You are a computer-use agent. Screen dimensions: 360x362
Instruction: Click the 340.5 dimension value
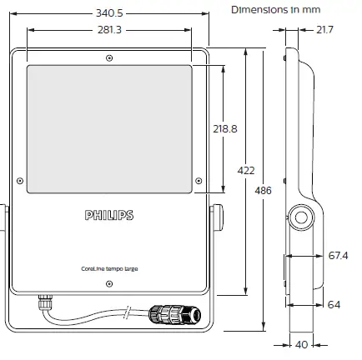(x=108, y=13)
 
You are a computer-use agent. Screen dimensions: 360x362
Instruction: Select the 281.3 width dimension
(x=108, y=30)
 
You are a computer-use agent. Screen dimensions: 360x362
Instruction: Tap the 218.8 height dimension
(x=225, y=130)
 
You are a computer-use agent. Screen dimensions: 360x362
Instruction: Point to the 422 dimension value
(x=247, y=170)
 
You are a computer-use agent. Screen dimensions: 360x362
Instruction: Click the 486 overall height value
(x=264, y=191)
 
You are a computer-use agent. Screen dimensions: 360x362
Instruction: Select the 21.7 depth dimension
(x=324, y=31)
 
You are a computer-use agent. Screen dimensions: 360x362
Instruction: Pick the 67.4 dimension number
(x=337, y=255)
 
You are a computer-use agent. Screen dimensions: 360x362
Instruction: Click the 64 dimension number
(x=334, y=305)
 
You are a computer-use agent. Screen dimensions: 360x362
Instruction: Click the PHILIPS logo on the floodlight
(x=108, y=216)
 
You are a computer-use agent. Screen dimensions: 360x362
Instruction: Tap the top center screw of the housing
(x=109, y=57)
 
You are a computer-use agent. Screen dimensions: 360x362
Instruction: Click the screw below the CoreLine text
(x=109, y=282)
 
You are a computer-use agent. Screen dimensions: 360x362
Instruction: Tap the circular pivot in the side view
(x=299, y=218)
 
